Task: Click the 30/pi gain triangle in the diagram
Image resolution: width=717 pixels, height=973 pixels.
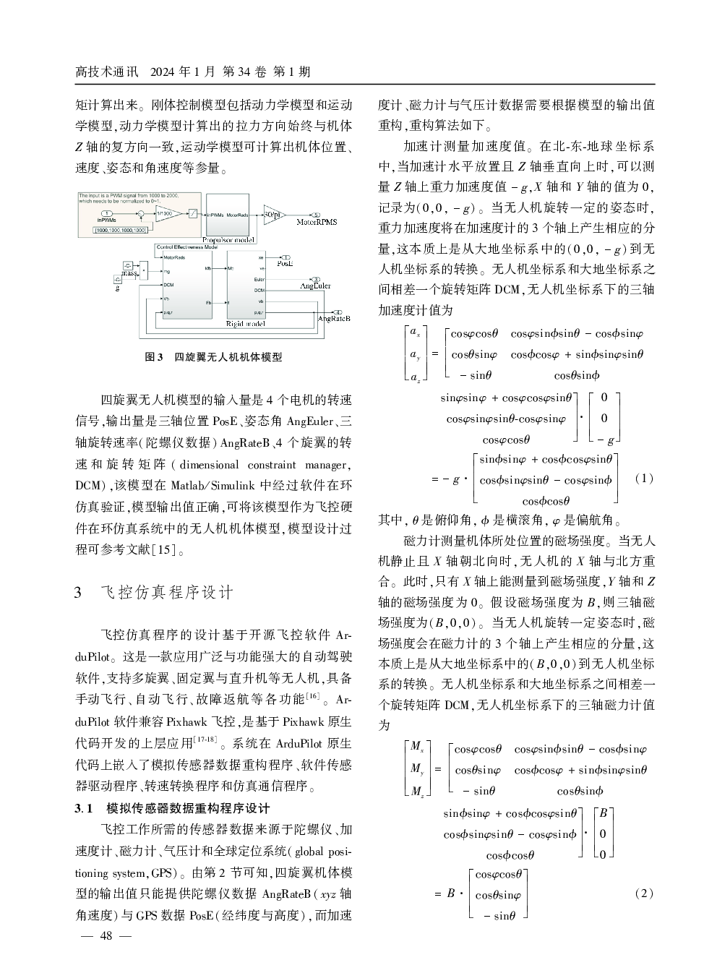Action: (271, 215)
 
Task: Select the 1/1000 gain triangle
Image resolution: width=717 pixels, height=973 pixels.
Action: (168, 213)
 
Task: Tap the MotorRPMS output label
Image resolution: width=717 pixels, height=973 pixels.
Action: (317, 222)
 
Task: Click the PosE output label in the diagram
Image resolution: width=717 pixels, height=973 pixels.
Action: (285, 264)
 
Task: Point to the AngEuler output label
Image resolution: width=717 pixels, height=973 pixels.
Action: (315, 286)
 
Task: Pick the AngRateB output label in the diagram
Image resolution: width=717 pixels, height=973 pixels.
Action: (333, 318)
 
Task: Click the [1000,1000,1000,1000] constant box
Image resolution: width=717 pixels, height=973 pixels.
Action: (121, 230)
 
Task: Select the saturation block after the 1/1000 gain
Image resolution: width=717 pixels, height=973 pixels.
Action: (194, 214)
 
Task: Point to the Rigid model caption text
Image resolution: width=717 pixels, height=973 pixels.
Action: (246, 324)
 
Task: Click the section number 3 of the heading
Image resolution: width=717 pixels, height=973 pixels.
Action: (79, 593)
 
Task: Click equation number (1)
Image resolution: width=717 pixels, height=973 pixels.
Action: (643, 478)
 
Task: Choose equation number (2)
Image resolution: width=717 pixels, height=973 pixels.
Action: (643, 893)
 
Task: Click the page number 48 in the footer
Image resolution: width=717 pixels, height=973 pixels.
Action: (106, 935)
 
